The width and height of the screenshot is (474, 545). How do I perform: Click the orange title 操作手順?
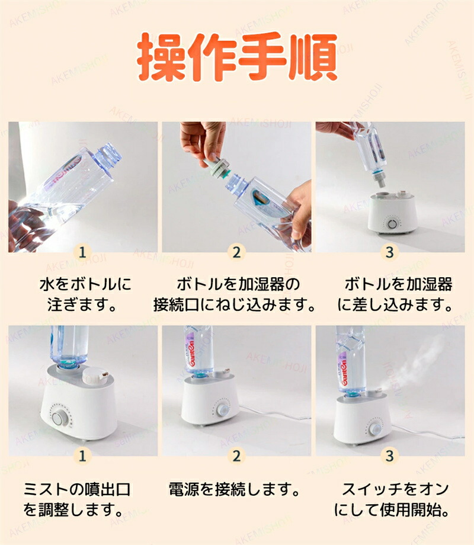point(237,57)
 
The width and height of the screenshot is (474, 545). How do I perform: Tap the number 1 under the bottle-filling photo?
point(82,252)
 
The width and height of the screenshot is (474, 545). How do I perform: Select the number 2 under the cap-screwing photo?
point(236,252)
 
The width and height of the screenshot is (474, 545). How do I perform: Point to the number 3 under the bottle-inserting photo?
point(390,252)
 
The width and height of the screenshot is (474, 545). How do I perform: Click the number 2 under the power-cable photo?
point(236,456)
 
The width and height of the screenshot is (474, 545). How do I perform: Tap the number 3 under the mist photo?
point(390,456)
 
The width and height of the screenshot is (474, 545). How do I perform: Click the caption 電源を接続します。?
point(234,489)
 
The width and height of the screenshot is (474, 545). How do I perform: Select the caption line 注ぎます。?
point(82,305)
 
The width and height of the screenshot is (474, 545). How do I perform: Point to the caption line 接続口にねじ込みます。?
point(234,305)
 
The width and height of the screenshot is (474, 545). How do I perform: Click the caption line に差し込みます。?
point(395,305)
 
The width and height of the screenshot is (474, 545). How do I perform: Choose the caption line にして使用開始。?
point(392,510)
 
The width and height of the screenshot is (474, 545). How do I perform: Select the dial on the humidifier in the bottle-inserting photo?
point(393,223)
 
